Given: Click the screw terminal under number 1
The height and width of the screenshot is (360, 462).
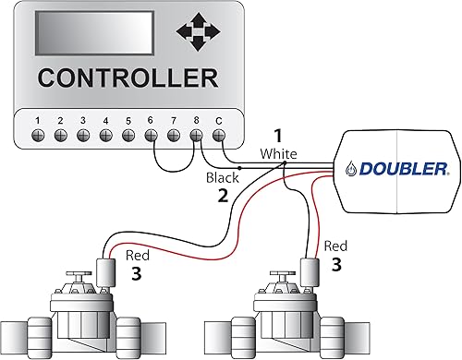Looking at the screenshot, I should coord(38,135).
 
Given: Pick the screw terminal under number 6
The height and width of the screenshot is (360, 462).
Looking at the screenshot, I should coord(152,135).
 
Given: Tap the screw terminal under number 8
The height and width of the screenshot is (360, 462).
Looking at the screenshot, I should coord(197,135).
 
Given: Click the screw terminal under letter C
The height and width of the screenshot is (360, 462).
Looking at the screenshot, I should coord(219,135).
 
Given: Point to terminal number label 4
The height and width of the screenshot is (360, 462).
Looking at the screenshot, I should coord(106,120).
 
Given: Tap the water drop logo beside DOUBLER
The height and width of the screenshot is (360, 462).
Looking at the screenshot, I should coord(353,169).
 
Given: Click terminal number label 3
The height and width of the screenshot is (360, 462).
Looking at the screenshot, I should coord(83,120).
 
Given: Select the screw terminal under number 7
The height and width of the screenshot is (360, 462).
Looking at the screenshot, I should coord(174,135).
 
